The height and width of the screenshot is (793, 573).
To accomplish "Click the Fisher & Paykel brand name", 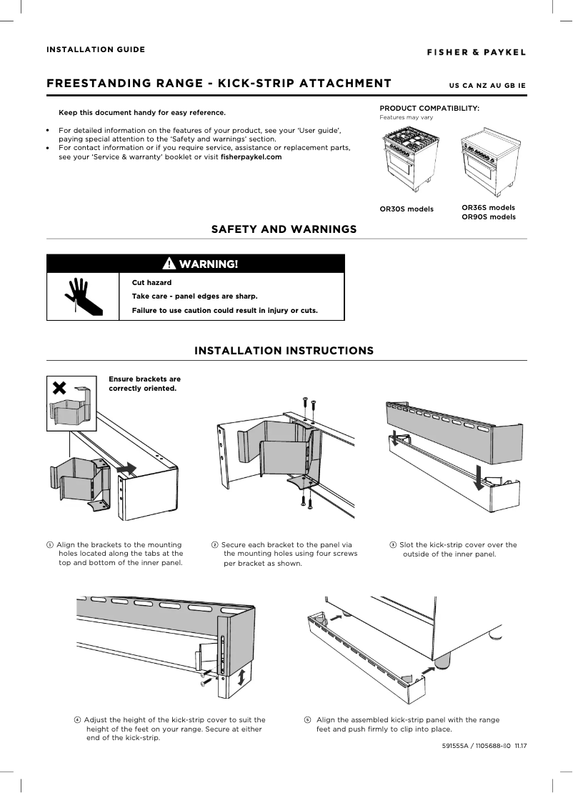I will [x=477, y=52].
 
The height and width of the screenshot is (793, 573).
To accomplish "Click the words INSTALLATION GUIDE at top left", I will [x=96, y=49].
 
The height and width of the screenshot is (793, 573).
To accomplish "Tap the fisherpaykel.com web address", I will [x=251, y=156].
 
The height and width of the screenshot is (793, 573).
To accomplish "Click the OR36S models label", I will [x=488, y=207].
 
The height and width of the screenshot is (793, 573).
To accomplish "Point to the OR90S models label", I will [x=488, y=216].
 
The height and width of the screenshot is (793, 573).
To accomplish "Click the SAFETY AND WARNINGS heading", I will [x=284, y=229].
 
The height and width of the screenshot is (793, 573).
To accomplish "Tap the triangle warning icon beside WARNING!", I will [x=169, y=264].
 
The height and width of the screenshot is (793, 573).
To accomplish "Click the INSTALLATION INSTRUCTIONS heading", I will [x=284, y=351].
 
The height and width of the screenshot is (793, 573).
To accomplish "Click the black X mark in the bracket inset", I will [x=60, y=387].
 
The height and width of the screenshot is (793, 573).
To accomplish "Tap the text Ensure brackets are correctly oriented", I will [x=144, y=384].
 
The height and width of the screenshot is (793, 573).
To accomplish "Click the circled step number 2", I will [x=215, y=545].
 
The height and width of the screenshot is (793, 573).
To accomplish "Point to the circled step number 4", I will [x=77, y=719].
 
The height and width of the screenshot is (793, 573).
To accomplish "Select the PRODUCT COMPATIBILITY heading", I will [x=429, y=108].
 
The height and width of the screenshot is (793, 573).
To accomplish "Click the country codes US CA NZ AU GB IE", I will [x=487, y=86].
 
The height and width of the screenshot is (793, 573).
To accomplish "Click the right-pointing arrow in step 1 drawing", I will [x=127, y=467].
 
